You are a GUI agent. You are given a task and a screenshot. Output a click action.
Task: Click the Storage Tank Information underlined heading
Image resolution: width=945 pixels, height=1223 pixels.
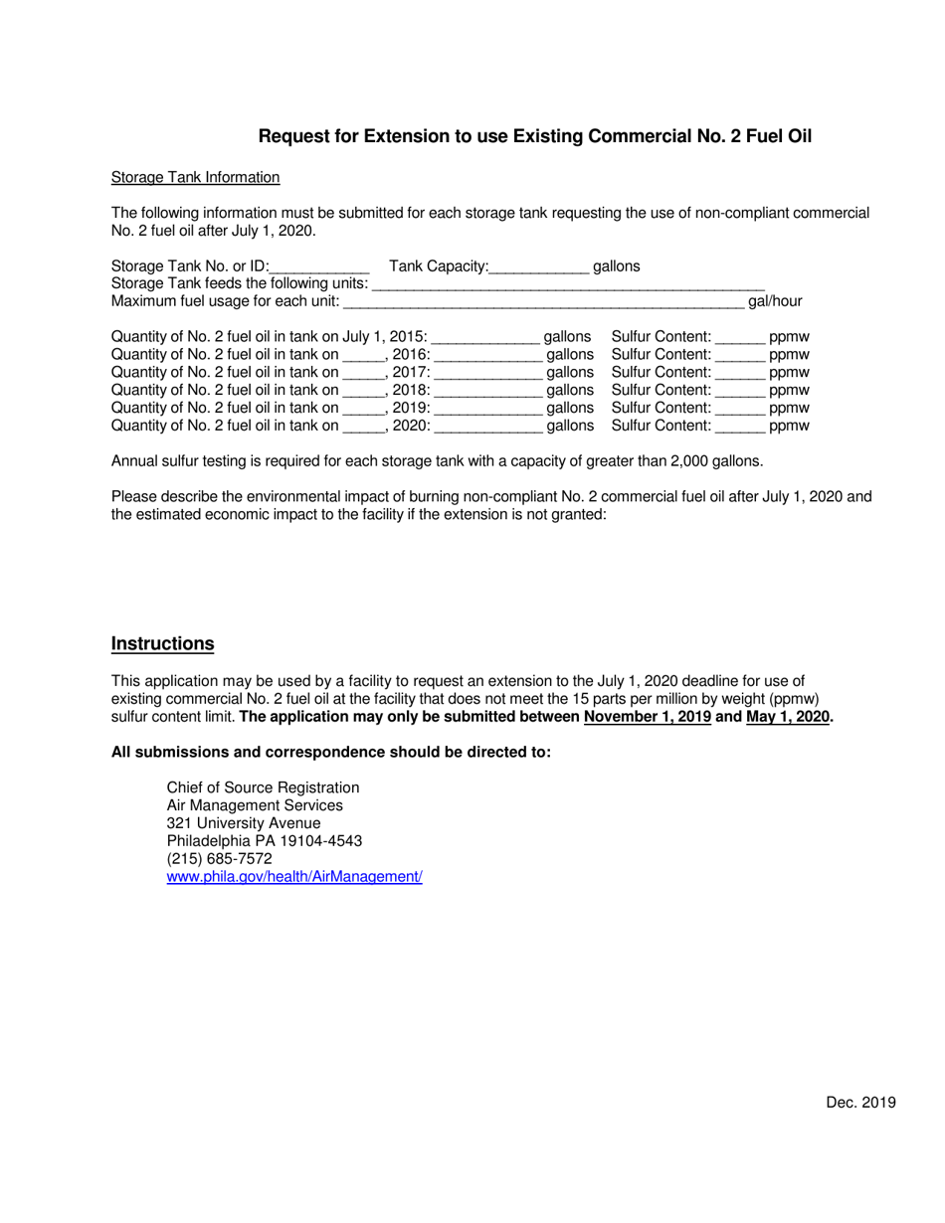[x=195, y=177]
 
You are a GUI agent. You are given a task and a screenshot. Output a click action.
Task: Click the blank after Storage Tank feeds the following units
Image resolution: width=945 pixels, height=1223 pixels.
[x=567, y=285]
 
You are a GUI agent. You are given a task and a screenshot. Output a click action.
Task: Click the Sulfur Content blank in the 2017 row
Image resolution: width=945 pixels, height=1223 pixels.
[x=740, y=373]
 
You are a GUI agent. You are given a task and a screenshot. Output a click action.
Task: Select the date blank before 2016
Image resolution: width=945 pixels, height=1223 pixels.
[x=363, y=356]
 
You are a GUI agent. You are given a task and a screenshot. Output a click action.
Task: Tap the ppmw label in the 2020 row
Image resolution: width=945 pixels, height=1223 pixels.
[x=789, y=426]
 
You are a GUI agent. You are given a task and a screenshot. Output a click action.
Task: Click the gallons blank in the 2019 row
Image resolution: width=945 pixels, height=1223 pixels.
[x=488, y=409]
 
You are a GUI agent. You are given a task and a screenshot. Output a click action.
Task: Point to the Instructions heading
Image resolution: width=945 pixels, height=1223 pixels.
[x=163, y=644]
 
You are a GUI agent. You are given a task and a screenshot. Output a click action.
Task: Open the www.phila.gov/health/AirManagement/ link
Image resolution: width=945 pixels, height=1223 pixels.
[x=294, y=877]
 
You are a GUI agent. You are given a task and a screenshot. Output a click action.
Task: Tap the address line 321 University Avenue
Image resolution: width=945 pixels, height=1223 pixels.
[x=244, y=823]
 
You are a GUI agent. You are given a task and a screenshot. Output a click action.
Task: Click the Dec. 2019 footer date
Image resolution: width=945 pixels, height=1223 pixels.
[x=860, y=1102]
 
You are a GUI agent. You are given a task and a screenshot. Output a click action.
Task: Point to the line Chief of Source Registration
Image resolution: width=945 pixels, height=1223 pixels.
[x=263, y=787]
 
